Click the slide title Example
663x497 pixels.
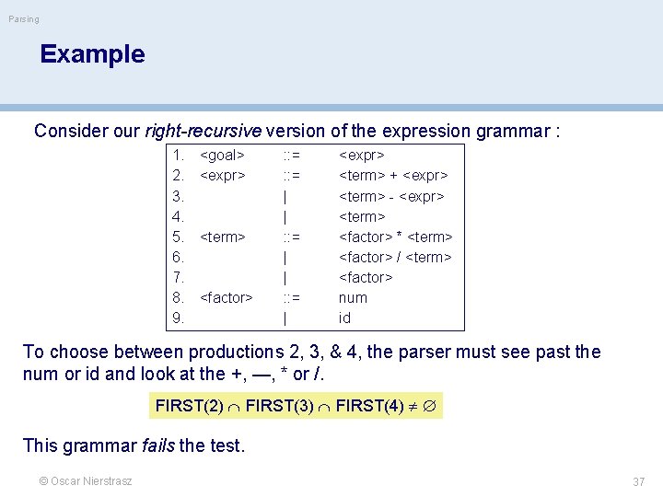click(92, 54)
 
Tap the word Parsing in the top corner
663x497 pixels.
click(24, 18)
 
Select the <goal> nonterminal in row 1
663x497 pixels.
click(222, 156)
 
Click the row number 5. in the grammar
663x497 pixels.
click(179, 237)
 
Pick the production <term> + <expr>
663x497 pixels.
click(393, 176)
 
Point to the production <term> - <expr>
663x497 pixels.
click(391, 196)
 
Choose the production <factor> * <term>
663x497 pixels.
click(396, 237)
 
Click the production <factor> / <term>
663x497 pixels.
click(395, 257)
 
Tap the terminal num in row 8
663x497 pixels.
click(353, 297)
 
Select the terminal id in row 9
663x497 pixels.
click(344, 318)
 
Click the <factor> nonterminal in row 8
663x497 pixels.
click(226, 297)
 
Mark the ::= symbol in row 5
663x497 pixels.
click(290, 237)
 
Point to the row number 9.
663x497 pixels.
click(179, 318)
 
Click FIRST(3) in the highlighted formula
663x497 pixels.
click(279, 405)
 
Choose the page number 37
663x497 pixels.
click(638, 481)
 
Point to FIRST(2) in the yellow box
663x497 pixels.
click(190, 405)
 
